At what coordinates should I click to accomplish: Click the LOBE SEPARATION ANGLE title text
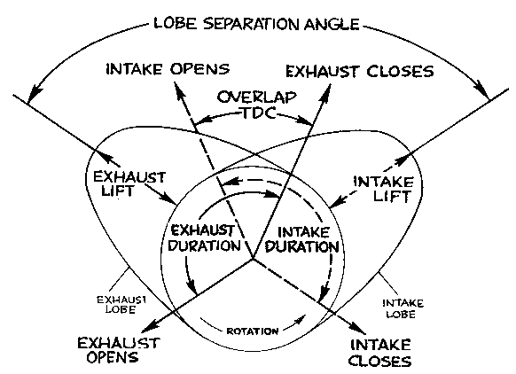coord(256,23)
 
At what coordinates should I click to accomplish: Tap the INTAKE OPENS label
coord(168,69)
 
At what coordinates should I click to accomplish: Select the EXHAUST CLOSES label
coord(360,72)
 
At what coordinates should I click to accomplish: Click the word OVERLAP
coord(256,97)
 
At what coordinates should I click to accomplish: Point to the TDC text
coord(259,113)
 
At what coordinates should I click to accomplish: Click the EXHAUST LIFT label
coord(129,183)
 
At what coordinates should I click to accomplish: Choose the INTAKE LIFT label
coord(383,189)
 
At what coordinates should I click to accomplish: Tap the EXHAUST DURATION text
coord(204,238)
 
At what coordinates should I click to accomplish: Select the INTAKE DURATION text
coord(302,239)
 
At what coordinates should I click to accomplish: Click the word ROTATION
coord(253,331)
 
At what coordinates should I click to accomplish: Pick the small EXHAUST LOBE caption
coord(121,305)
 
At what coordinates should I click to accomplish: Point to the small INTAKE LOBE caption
coord(403,308)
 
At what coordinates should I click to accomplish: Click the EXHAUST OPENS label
coord(118,350)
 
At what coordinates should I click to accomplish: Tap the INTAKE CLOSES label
coord(379,353)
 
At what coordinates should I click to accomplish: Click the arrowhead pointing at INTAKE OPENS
coord(178,90)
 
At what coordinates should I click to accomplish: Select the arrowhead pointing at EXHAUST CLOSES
coord(325,91)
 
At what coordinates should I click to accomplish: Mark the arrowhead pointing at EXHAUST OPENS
coord(149,330)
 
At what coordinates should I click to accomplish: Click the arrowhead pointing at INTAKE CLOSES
coord(358,327)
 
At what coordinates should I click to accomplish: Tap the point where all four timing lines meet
coord(253,259)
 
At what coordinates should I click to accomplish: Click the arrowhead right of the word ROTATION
coord(301,319)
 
